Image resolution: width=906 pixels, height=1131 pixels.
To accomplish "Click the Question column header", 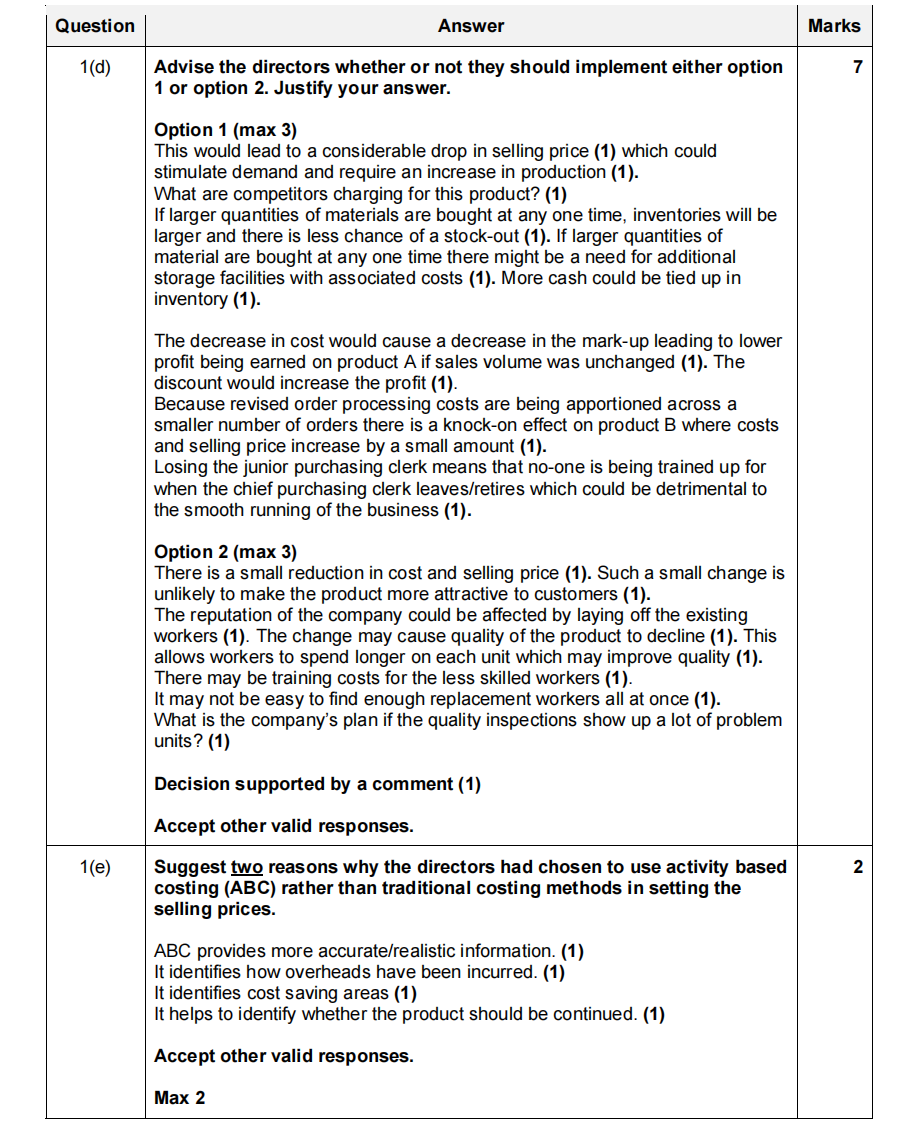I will point(95,27).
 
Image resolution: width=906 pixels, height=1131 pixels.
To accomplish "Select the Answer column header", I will point(471,27).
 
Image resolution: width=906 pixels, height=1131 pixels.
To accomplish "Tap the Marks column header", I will point(834,27).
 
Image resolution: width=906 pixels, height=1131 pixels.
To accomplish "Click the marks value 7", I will point(857,68).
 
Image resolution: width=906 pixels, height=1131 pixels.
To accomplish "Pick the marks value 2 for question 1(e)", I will point(857,868).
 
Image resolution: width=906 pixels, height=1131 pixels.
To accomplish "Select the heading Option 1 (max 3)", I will point(225,131).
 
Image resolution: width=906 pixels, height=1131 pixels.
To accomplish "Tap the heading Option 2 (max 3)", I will point(225,552).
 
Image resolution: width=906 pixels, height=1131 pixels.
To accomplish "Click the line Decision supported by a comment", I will point(317,785).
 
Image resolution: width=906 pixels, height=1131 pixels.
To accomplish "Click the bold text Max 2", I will point(180,1098).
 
